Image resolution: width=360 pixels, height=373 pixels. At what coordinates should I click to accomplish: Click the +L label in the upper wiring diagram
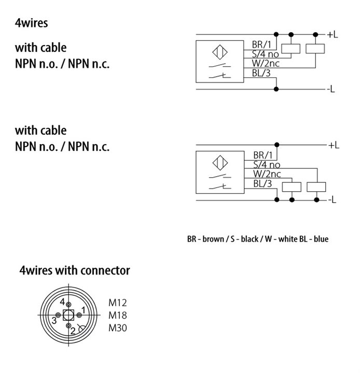coord(333,35)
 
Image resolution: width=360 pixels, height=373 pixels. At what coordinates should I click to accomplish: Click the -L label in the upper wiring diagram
coord(331,89)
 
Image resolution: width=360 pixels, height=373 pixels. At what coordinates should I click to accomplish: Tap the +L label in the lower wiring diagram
coord(334,145)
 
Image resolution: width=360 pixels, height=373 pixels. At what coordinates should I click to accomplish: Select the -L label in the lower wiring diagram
coord(332,200)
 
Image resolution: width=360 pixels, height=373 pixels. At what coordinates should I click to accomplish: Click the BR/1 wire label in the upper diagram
coord(261,45)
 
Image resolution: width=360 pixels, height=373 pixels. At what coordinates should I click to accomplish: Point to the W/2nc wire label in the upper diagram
coord(266,64)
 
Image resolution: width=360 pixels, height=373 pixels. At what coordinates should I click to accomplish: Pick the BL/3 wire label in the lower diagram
coord(262,184)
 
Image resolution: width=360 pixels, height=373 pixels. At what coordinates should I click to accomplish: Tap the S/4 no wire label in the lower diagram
coord(267,165)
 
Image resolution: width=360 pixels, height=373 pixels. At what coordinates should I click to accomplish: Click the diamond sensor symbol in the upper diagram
coord(219,52)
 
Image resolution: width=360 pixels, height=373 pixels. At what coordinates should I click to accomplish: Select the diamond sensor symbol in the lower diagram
coord(220,163)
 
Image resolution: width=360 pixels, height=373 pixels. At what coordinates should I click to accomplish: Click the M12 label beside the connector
coord(118,303)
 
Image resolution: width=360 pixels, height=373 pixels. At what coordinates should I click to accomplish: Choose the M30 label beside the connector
coord(118,328)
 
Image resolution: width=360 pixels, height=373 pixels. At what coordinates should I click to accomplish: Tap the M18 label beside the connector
coord(118,315)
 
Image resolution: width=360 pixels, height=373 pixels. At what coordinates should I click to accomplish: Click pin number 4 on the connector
coord(62,302)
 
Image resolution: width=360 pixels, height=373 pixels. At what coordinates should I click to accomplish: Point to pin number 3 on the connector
coord(54,321)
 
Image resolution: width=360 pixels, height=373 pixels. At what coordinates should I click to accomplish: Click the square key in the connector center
coord(68,315)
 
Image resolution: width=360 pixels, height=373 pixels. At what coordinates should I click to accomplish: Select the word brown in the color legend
coord(213,239)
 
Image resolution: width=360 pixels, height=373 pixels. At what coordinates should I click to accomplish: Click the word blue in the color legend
coord(321,239)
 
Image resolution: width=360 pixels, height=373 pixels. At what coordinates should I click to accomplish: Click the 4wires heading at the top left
coord(32,23)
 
